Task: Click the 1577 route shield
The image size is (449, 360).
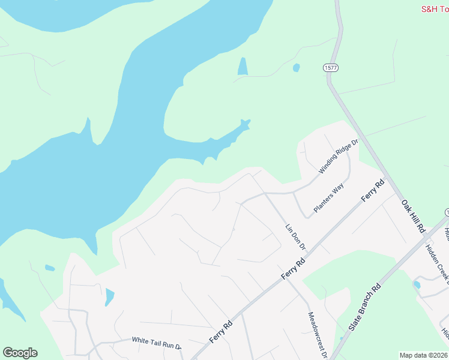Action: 330,68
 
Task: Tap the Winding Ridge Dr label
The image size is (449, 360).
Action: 338,156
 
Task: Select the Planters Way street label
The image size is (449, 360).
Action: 328,199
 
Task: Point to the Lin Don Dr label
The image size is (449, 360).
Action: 295,236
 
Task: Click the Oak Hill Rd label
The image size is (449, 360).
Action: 413,217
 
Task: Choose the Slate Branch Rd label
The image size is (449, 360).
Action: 365,307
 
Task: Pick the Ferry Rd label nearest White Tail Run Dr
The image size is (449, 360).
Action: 221,332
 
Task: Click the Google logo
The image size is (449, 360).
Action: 20,353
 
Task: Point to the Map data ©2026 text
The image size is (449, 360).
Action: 424,355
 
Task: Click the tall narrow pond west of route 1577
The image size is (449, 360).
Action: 243,66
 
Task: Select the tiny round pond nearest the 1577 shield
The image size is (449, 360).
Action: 296,68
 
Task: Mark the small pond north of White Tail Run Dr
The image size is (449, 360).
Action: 109,296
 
